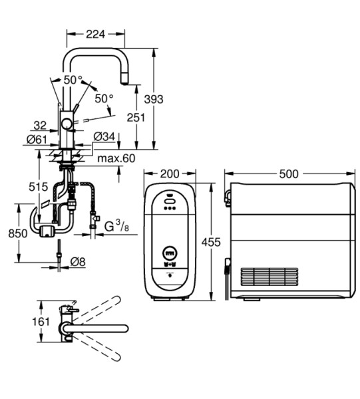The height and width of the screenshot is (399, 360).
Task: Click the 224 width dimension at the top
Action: click(95, 34)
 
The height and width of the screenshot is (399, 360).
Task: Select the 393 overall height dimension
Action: click(154, 99)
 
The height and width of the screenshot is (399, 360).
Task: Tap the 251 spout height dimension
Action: click(136, 117)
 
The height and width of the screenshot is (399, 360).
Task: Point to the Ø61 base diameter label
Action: click(37, 139)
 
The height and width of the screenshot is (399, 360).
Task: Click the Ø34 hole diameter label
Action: click(104, 136)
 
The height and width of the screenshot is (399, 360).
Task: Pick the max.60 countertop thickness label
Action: click(116, 158)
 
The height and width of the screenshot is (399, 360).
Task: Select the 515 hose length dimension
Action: click(38, 187)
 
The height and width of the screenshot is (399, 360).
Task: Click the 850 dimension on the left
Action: click(18, 233)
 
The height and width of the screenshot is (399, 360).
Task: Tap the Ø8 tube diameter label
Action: click(78, 261)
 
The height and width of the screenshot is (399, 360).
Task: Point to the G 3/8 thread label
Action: click(116, 226)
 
